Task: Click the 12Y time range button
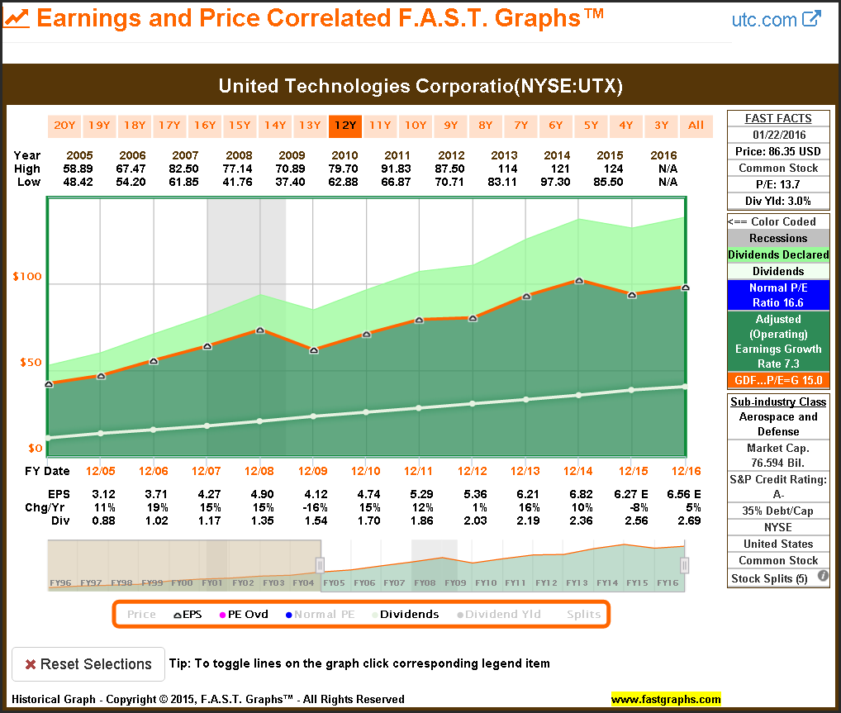[344, 126]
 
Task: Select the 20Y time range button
[64, 126]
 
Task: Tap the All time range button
[696, 126]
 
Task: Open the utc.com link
[776, 19]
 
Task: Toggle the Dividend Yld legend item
[504, 615]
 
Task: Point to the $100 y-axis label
[28, 276]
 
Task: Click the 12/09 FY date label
[313, 471]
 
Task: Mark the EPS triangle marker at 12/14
[579, 281]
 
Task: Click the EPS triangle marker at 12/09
[313, 350]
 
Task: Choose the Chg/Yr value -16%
[313, 507]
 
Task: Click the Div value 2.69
[686, 520]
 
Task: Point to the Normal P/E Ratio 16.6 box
[778, 295]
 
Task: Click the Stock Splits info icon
[823, 578]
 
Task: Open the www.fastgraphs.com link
[666, 700]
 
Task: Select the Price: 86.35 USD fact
[778, 151]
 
